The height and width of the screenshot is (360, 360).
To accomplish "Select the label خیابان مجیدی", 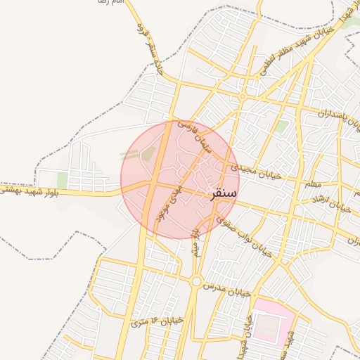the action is [x=252, y=170].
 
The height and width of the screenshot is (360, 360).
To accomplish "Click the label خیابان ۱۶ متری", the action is [x=156, y=321].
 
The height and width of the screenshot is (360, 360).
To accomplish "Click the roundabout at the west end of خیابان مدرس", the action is [x=195, y=282].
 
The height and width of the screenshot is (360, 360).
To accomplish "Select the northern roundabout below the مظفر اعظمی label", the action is [x=243, y=96].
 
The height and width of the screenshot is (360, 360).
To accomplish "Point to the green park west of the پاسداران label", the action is [x=281, y=127].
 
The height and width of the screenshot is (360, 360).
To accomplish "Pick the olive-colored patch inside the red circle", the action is [x=148, y=153].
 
